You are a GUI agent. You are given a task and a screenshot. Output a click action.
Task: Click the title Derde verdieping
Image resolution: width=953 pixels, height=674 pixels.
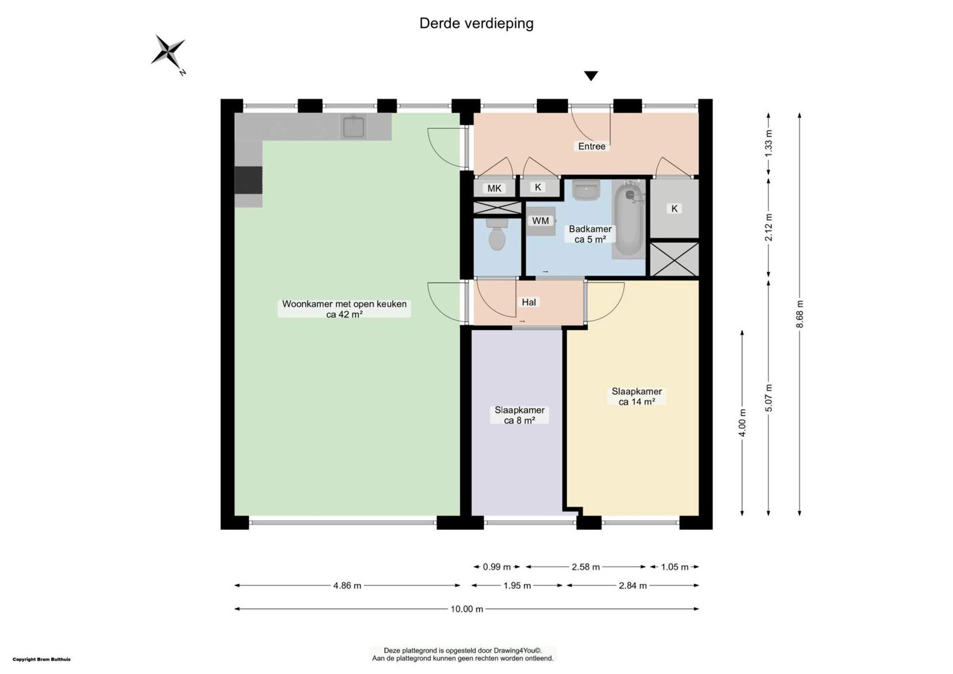click(x=476, y=24)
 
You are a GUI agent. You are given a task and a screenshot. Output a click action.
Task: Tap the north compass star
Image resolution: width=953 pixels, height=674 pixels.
click(x=169, y=52)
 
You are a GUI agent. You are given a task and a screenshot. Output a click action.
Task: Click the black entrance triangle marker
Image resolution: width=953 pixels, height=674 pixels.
click(x=591, y=76)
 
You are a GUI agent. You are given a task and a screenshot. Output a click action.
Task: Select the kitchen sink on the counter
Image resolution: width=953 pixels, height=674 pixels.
click(x=353, y=126)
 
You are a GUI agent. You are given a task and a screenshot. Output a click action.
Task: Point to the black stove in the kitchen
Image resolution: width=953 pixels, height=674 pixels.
click(x=248, y=180)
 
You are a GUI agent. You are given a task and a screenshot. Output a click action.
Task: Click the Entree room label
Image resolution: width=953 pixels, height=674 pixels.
click(x=591, y=147)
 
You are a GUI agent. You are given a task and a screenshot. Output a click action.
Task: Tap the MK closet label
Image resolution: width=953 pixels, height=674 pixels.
click(x=494, y=188)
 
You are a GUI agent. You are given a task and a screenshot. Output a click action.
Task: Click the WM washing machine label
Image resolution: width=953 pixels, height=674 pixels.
click(x=540, y=220)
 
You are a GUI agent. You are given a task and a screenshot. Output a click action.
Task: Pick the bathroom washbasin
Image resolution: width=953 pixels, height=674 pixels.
click(x=586, y=190)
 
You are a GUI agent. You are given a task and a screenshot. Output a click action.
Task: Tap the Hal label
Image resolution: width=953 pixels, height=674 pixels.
click(x=529, y=302)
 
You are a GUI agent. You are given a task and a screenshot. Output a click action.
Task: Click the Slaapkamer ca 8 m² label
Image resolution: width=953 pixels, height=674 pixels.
click(x=520, y=415)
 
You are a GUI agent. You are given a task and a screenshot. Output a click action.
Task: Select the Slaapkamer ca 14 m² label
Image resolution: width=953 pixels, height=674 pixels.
click(x=636, y=396)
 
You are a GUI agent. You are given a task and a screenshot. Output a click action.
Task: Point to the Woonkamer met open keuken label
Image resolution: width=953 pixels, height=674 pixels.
click(x=344, y=309)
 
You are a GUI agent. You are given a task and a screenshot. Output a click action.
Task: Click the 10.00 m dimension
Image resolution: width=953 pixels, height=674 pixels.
click(x=467, y=609)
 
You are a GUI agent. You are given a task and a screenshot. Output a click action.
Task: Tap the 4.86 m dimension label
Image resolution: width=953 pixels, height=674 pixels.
click(x=347, y=586)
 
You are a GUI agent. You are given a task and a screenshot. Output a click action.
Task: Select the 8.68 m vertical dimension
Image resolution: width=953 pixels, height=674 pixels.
click(x=800, y=314)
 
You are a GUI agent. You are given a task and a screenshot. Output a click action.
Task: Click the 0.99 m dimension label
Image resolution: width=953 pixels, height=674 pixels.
click(x=496, y=567)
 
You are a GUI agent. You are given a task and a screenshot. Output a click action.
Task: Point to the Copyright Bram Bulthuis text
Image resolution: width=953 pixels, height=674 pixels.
click(x=42, y=660)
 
